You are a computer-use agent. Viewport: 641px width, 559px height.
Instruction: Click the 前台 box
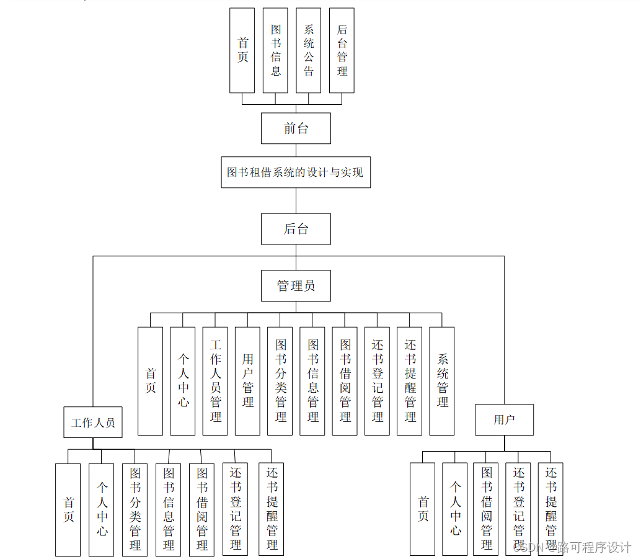pyautogui.click(x=296, y=128)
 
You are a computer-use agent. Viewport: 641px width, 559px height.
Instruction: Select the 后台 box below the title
pyautogui.click(x=296, y=229)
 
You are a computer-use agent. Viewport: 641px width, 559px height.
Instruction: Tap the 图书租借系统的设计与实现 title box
pyautogui.click(x=296, y=172)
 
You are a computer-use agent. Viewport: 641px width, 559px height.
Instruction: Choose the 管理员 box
pyautogui.click(x=296, y=286)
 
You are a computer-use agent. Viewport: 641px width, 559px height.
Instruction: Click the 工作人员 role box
pyautogui.click(x=93, y=423)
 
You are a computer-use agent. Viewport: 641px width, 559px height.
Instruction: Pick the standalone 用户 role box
pyautogui.click(x=504, y=420)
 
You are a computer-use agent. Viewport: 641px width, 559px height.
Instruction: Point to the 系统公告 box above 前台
pyautogui.click(x=309, y=50)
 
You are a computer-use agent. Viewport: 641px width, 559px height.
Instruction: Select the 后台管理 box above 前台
pyautogui.click(x=342, y=50)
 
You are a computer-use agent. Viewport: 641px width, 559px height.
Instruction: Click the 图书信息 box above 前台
pyautogui.click(x=275, y=50)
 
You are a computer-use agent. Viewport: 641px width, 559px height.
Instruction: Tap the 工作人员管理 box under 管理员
pyautogui.click(x=215, y=381)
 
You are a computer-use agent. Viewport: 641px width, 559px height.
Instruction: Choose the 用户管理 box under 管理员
pyautogui.click(x=247, y=381)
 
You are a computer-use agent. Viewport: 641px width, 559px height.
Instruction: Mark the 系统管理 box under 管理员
pyautogui.click(x=442, y=381)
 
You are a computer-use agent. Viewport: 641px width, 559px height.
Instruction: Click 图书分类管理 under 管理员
pyautogui.click(x=280, y=381)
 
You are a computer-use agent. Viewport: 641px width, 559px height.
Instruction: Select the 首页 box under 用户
pyautogui.click(x=422, y=509)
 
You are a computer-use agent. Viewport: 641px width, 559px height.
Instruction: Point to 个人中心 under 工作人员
pyautogui.click(x=101, y=509)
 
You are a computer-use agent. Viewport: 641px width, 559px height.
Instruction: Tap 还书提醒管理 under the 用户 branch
pyautogui.click(x=550, y=509)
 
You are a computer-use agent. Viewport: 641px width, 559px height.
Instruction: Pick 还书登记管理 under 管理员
pyautogui.click(x=377, y=381)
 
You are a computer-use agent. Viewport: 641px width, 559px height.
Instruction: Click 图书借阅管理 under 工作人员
pyautogui.click(x=201, y=509)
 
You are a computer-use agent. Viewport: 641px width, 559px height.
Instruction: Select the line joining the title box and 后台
pyautogui.click(x=296, y=200)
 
